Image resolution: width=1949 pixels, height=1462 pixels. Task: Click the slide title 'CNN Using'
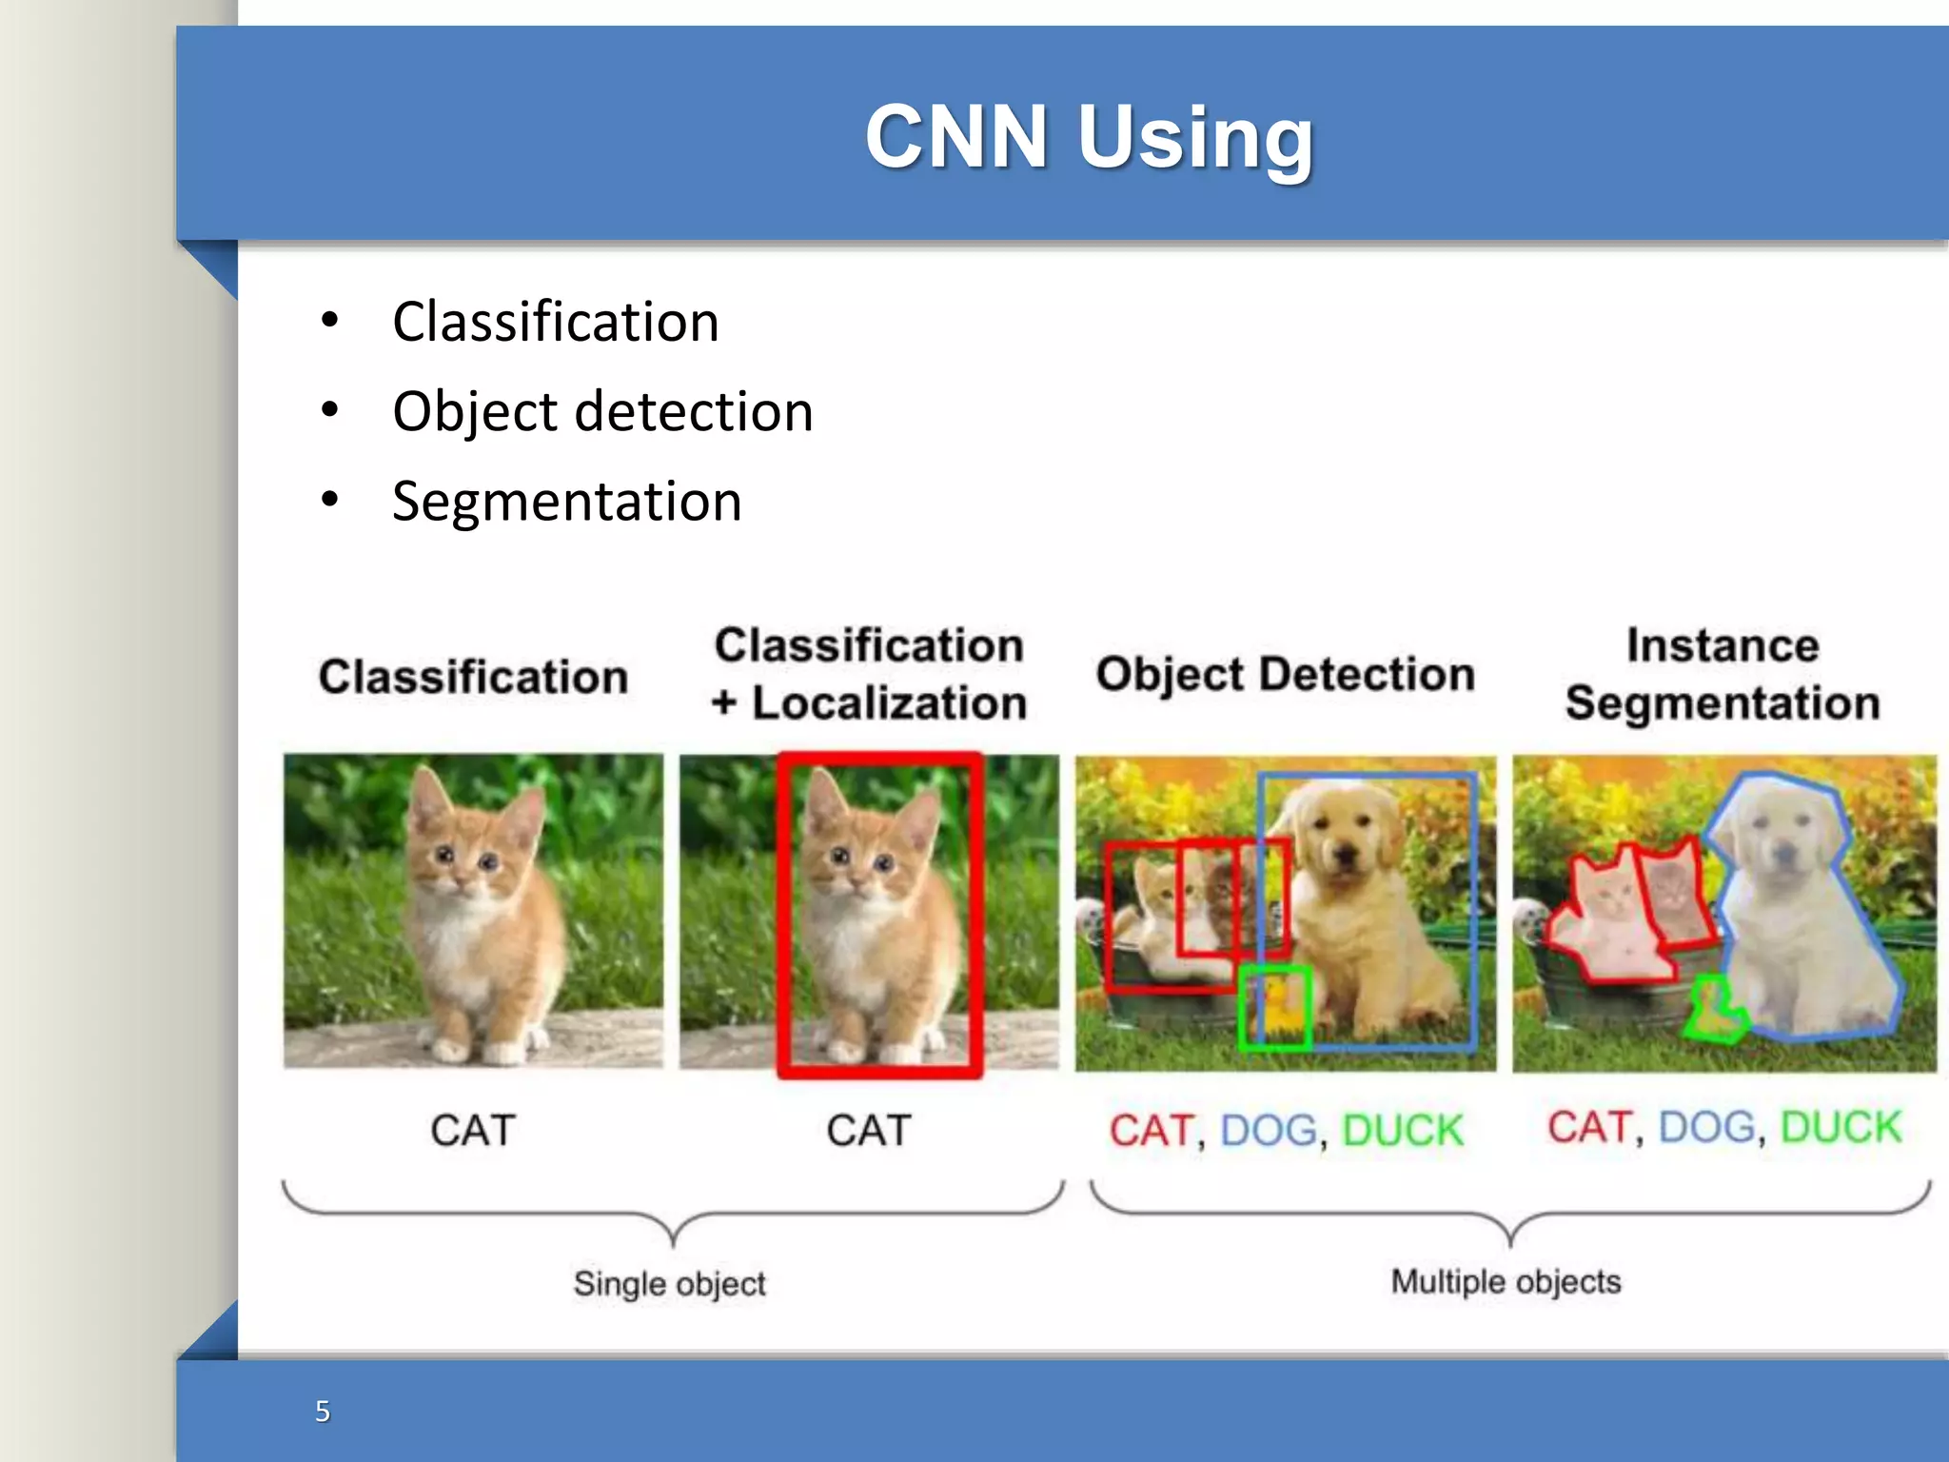point(1089,138)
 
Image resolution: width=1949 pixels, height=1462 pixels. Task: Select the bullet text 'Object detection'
point(602,411)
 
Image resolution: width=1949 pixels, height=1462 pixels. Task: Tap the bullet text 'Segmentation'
point(566,501)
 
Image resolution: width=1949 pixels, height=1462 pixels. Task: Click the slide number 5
point(323,1411)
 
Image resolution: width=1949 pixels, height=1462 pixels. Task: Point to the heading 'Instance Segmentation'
point(1723,674)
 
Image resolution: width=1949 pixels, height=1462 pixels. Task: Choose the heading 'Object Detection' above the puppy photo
point(1285,674)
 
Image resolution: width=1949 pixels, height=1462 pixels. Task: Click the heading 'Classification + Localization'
point(869,674)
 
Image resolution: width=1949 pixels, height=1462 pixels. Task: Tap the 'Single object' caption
point(669,1283)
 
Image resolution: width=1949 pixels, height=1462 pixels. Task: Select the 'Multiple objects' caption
point(1506,1281)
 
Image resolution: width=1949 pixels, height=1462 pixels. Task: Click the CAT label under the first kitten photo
point(473,1131)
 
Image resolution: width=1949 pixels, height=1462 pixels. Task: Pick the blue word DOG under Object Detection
point(1269,1131)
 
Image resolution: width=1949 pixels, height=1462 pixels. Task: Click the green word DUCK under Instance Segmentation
point(1841,1127)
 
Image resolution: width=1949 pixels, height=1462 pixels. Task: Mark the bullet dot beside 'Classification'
point(329,321)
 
